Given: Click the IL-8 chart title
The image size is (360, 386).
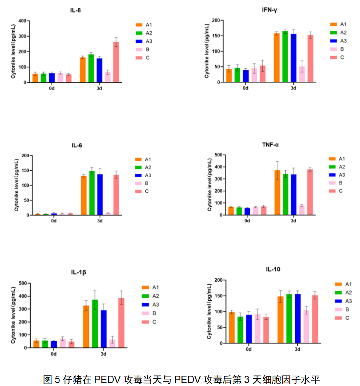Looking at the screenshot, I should pos(75,10).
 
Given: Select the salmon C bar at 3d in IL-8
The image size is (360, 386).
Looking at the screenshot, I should pos(116,62).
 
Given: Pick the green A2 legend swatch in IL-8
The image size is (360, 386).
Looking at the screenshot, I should pos(139,33).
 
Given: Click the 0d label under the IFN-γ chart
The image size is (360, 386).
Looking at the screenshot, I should pos(246,88).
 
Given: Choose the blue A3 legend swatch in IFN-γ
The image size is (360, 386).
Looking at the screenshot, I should pos(334,41).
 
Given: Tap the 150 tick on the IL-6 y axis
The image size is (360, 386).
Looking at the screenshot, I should pos(24,170).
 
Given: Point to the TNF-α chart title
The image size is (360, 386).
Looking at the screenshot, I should pos(270,144).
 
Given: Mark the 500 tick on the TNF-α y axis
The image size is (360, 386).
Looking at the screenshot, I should pos(218,155).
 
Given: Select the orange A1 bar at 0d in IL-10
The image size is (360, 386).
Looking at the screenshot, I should pos(232,327).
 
